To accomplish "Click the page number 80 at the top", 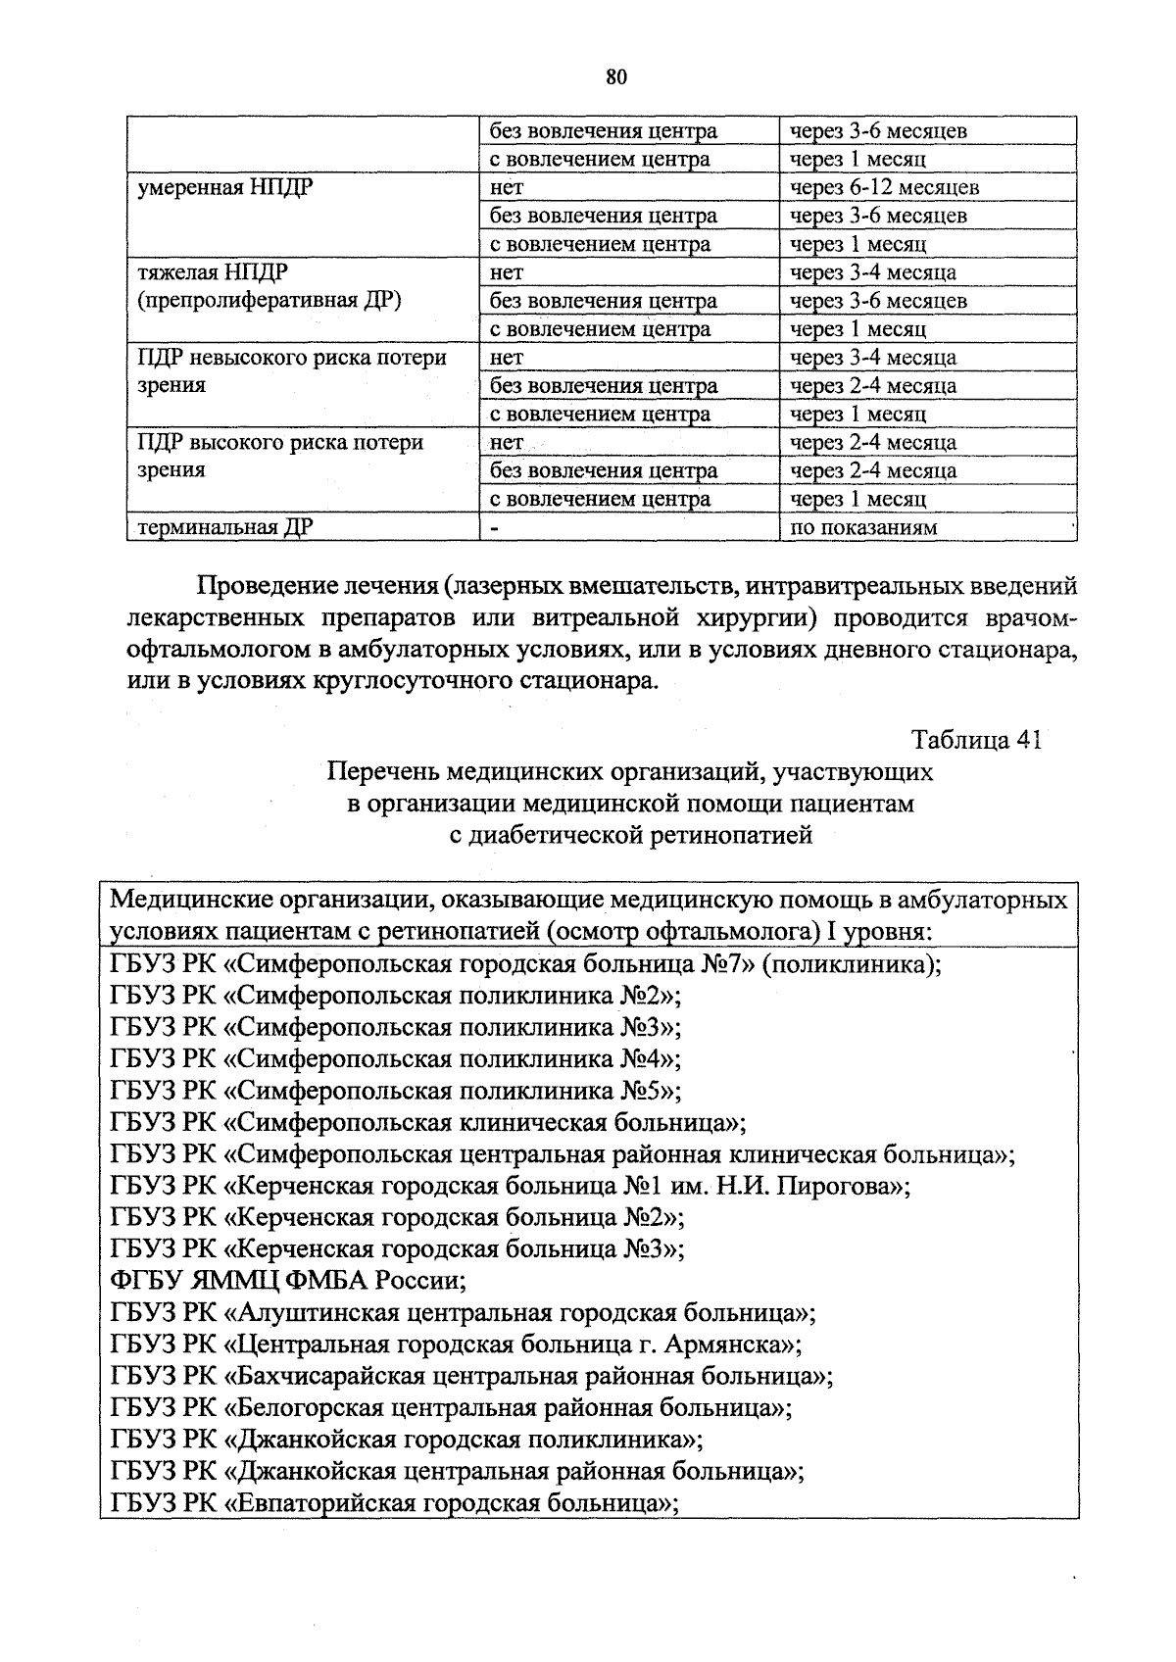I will [x=615, y=77].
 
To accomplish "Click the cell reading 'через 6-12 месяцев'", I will [x=884, y=187].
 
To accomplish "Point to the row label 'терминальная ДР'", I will [x=224, y=528].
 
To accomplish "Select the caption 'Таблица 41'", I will [x=975, y=739].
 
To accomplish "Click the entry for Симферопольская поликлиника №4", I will [x=396, y=1058].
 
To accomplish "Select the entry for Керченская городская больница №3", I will [x=397, y=1249].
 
